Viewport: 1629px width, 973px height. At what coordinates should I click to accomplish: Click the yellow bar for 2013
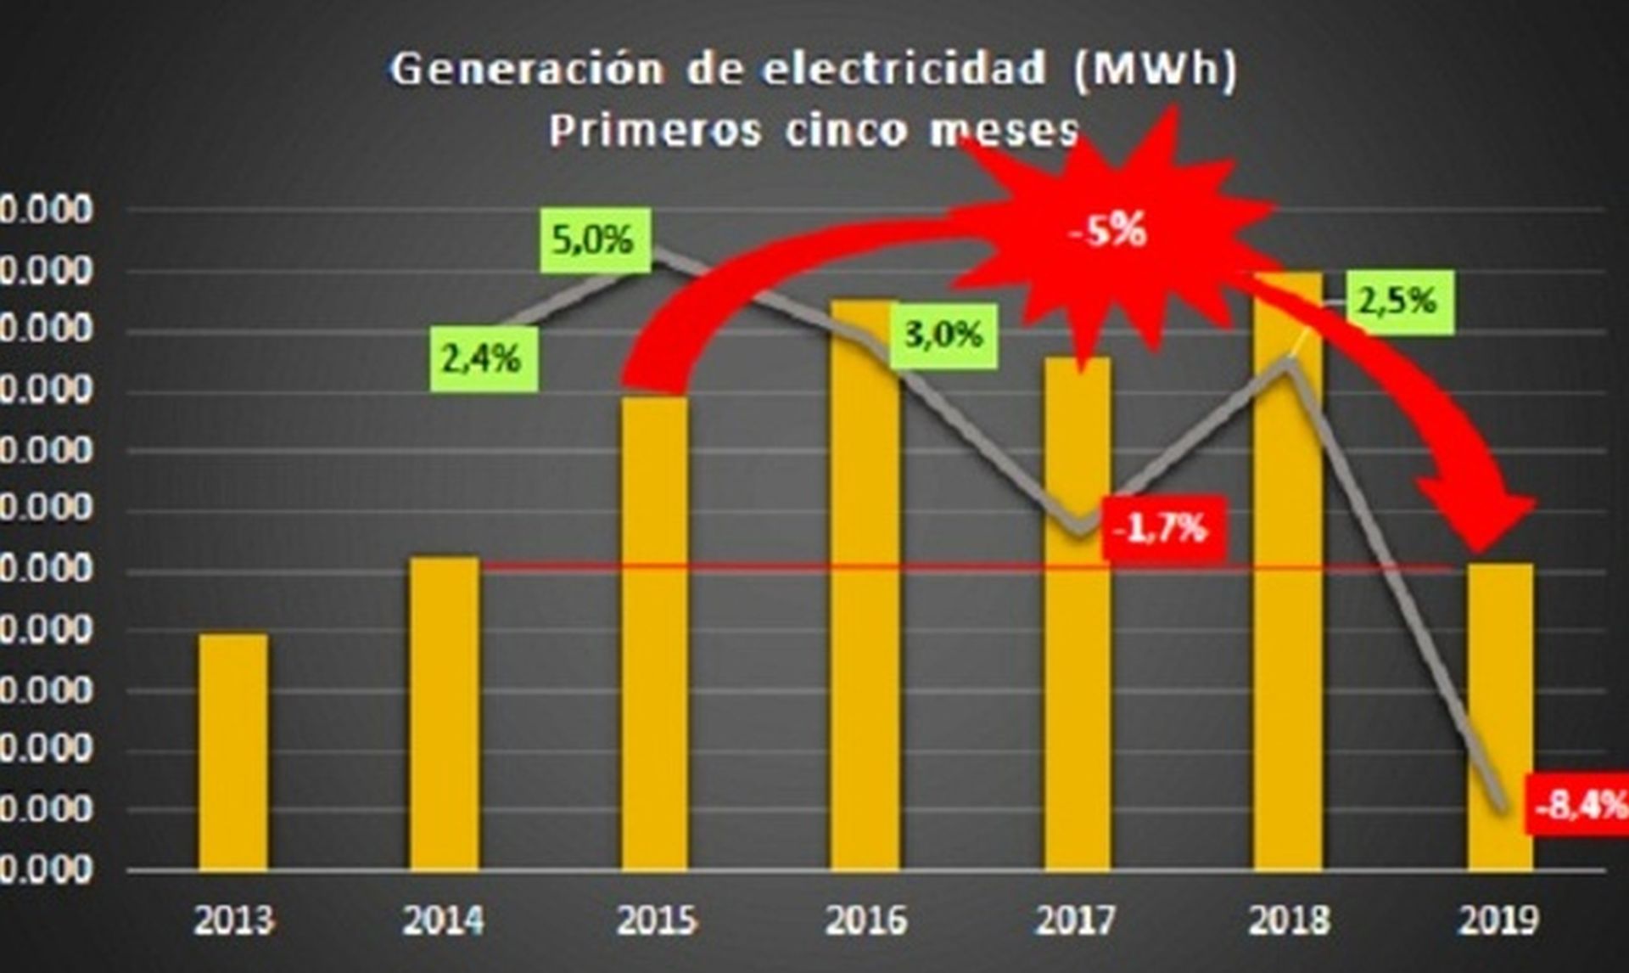point(233,751)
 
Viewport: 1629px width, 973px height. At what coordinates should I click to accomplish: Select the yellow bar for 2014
point(444,713)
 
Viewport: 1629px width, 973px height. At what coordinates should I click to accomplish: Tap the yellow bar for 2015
point(654,633)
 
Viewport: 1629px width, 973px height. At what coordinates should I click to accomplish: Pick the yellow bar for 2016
point(865,586)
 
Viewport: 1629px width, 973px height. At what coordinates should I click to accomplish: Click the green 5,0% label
point(593,239)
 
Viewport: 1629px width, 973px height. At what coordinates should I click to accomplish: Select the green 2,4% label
point(483,360)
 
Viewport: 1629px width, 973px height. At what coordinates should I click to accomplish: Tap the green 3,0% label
point(943,335)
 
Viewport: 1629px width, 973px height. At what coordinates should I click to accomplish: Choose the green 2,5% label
point(1400,301)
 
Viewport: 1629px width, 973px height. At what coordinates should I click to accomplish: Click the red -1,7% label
point(1162,528)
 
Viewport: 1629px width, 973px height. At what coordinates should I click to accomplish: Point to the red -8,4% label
point(1580,803)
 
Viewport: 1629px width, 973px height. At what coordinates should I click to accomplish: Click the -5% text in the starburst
point(1109,230)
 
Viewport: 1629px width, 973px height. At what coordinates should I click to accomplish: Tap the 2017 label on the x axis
point(1076,920)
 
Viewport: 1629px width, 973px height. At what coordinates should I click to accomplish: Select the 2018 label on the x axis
point(1288,920)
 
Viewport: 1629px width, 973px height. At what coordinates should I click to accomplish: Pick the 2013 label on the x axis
point(233,920)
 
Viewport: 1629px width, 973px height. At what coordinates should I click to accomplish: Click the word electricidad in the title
point(903,68)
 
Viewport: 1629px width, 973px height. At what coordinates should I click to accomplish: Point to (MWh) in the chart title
point(1155,68)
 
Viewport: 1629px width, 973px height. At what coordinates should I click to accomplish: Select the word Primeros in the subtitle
point(654,131)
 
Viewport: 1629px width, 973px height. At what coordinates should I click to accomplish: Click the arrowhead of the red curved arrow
point(1481,526)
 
